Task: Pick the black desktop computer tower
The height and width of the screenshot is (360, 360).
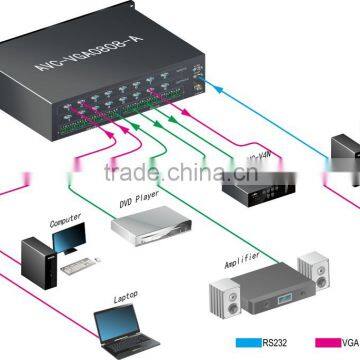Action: [36, 258]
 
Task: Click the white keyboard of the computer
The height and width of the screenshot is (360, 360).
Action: [76, 268]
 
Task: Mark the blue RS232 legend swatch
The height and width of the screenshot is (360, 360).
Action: [251, 343]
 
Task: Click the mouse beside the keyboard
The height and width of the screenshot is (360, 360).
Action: [100, 262]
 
